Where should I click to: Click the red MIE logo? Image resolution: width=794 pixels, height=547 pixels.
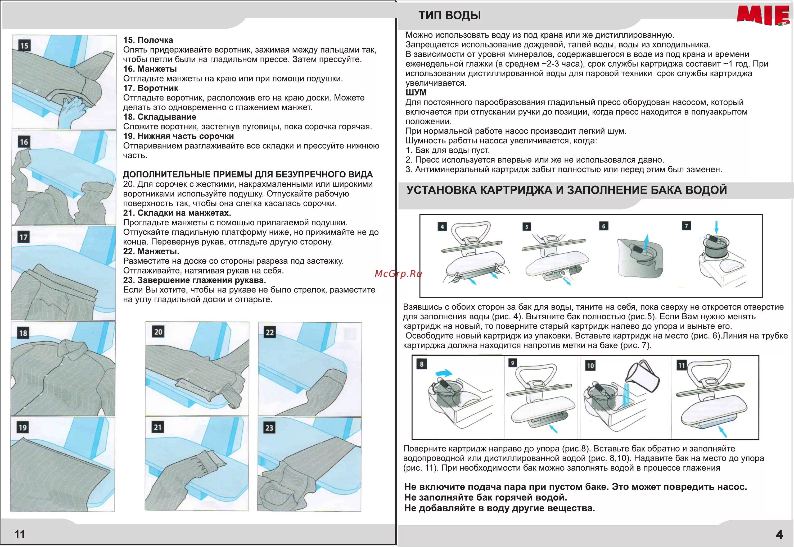click(x=763, y=15)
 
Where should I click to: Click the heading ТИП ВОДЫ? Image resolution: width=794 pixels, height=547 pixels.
click(x=449, y=15)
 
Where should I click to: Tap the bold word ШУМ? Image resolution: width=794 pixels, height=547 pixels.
click(x=416, y=93)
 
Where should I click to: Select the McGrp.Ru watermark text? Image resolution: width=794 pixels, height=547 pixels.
click(x=398, y=273)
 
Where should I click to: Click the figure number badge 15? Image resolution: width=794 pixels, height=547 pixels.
click(x=24, y=45)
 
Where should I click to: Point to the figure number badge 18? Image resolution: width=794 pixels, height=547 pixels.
click(x=23, y=333)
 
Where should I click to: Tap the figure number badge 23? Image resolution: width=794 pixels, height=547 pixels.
click(x=269, y=428)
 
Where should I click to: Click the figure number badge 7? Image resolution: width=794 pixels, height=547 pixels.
click(x=686, y=226)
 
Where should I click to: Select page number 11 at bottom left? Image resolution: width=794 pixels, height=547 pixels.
click(x=20, y=534)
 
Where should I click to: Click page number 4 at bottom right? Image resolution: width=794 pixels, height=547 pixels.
click(x=779, y=534)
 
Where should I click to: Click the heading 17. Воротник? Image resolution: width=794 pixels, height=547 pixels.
click(x=151, y=88)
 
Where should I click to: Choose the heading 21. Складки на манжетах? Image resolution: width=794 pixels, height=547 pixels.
click(x=177, y=213)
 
